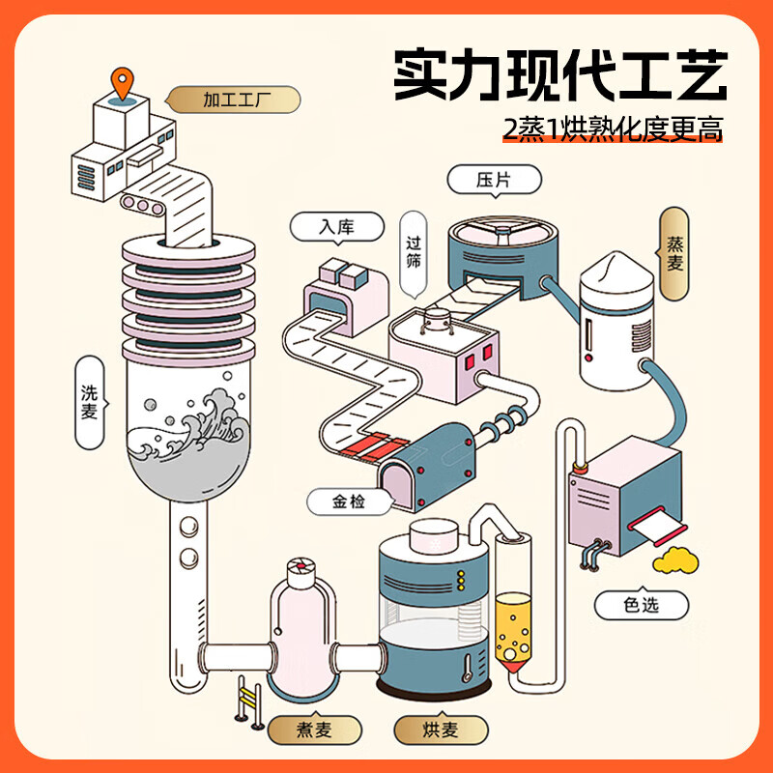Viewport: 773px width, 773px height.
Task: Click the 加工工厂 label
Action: click(235, 99)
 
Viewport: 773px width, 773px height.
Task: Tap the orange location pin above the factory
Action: click(121, 82)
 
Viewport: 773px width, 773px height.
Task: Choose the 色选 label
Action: click(641, 605)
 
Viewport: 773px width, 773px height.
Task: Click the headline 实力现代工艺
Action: click(559, 75)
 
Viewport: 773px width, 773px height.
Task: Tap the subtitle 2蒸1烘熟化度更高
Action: click(613, 129)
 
